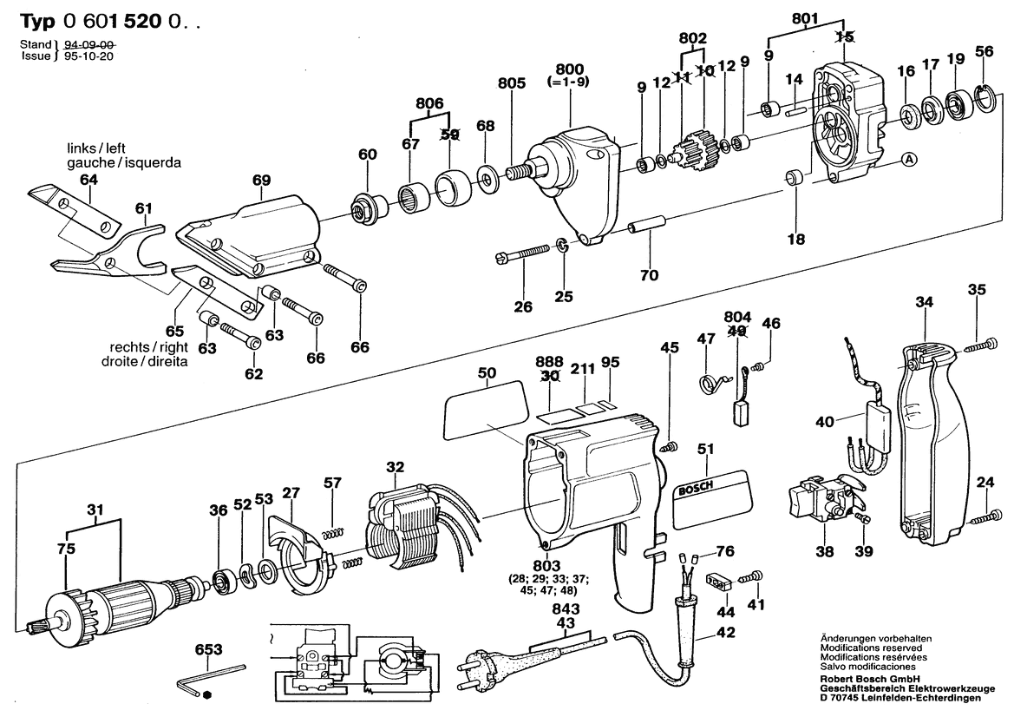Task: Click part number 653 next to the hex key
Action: point(208,649)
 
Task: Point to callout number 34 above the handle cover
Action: point(925,302)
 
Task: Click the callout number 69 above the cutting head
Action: point(262,179)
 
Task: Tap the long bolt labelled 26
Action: point(526,253)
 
